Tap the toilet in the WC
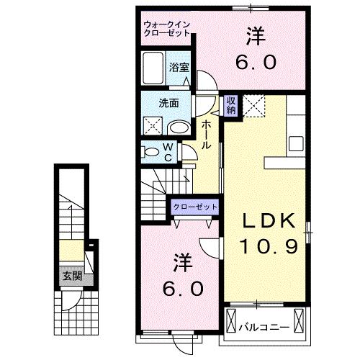pos(153,152)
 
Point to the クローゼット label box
pos(195,207)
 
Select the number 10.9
pos(268,247)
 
